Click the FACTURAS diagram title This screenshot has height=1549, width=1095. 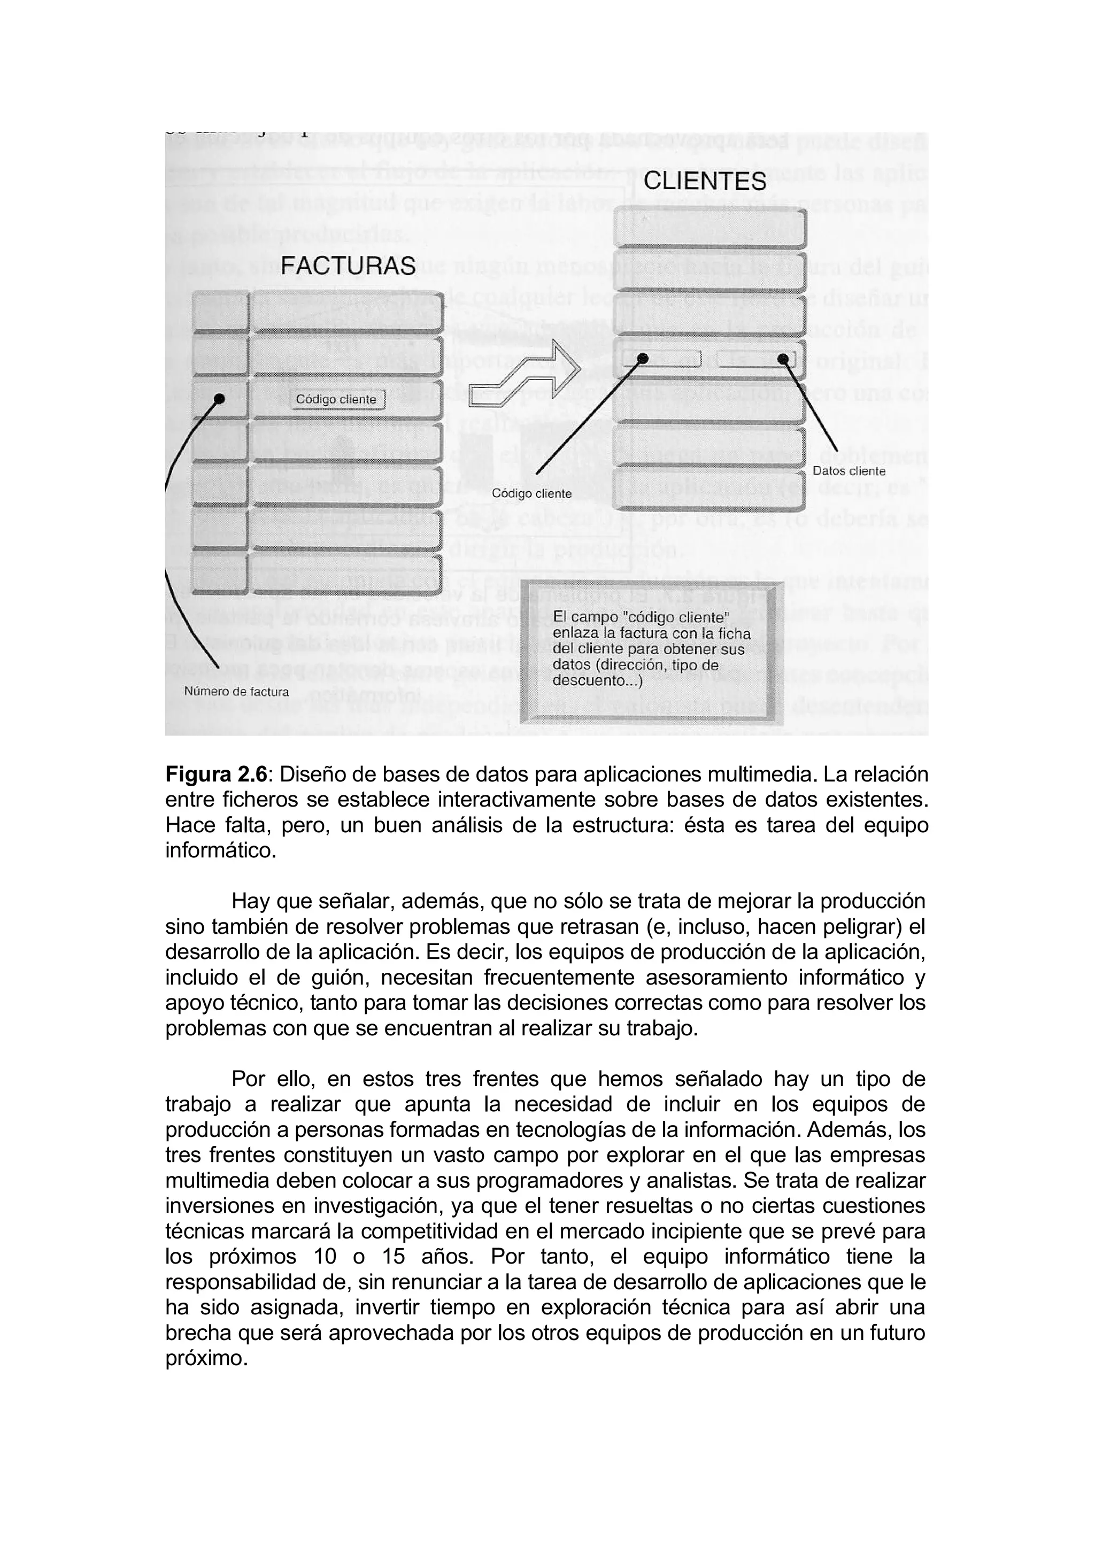348,266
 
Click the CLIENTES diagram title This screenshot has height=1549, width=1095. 705,182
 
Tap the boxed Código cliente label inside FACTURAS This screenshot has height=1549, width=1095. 337,400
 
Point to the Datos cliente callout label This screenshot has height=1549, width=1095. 849,471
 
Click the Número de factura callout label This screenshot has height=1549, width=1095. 236,692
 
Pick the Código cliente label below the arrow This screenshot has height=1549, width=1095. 531,493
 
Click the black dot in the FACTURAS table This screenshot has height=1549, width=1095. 219,399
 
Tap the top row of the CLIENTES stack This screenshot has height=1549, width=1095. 710,228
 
